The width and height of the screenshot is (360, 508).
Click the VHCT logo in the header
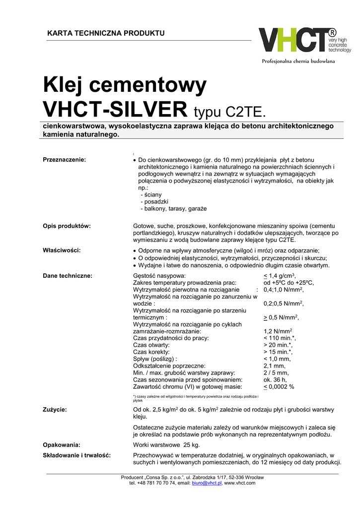(304, 40)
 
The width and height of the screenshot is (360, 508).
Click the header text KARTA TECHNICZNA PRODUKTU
(105, 33)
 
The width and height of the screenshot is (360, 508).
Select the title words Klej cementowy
(124, 86)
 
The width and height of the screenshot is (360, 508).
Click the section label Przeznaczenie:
(65, 159)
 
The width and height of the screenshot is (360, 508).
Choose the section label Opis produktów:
(67, 226)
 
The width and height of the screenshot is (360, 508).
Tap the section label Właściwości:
(62, 250)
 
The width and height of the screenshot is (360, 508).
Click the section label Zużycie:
(55, 409)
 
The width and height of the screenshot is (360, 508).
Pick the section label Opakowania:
(62, 444)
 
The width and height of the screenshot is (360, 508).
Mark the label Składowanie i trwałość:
(76, 455)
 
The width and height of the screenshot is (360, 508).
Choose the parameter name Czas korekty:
(151, 352)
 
